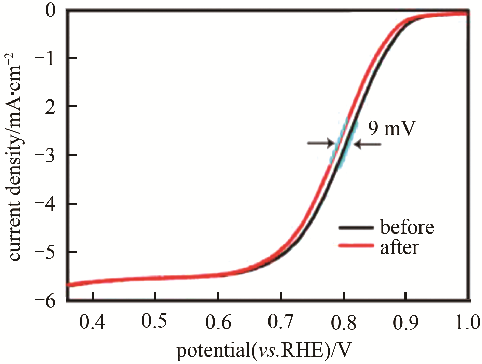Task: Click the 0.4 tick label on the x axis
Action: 92,322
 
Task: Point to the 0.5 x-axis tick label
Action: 154,322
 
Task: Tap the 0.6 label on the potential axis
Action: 218,322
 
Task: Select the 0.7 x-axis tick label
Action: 280,322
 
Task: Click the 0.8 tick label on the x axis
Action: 343,322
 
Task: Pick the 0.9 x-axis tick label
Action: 406,322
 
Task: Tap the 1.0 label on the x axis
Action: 468,322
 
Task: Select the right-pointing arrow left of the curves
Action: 320,143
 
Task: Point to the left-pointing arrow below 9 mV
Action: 368,145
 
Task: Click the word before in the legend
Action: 407,227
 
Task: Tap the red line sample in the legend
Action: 355,245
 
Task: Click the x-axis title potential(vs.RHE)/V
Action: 263,351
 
